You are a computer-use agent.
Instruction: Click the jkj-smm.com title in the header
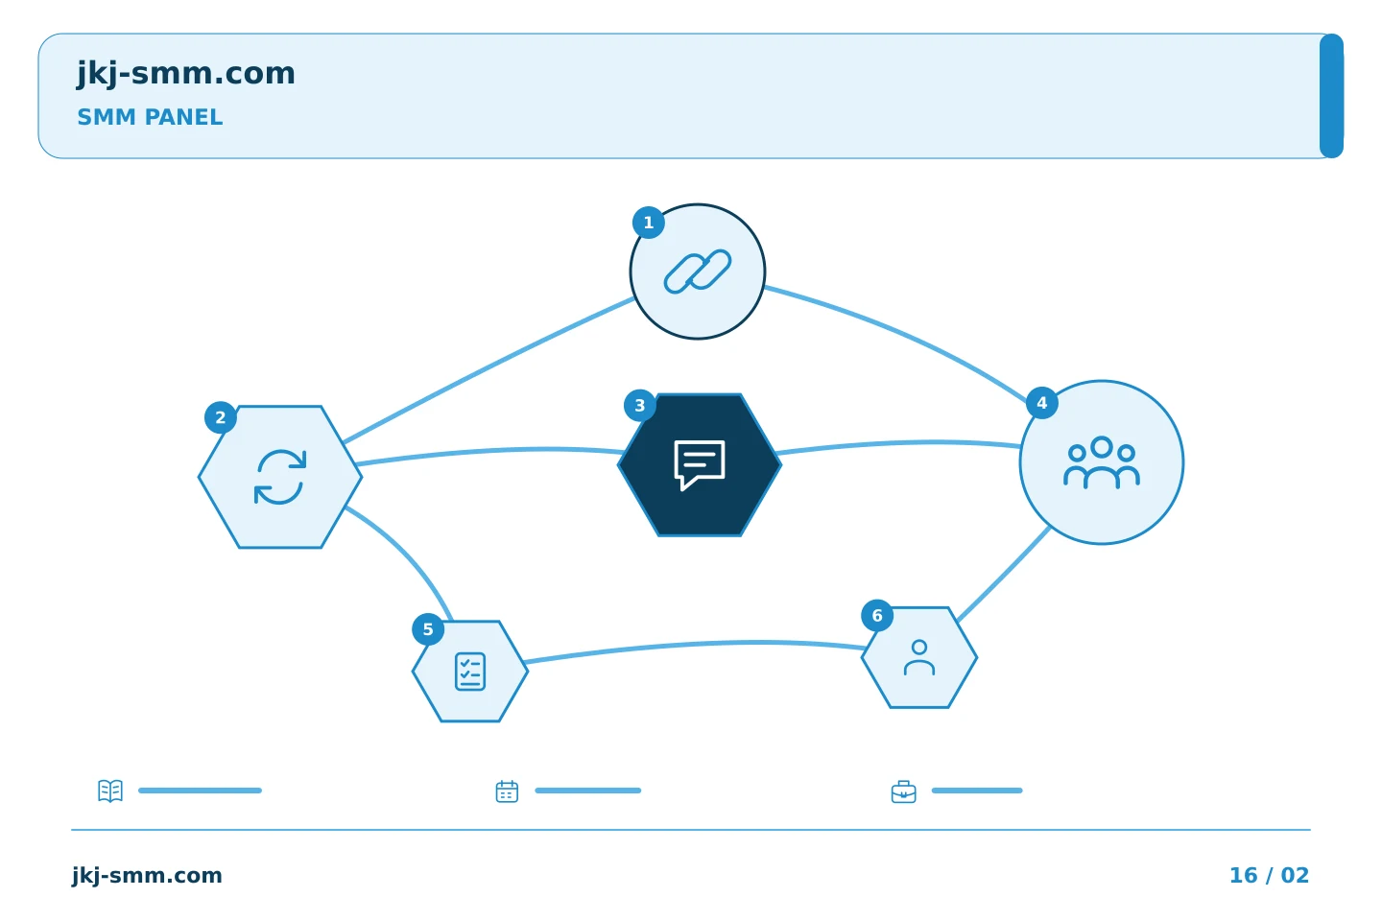pyautogui.click(x=186, y=74)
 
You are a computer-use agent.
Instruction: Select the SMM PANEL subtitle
pyautogui.click(x=150, y=117)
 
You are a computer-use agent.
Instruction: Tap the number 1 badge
pyautogui.click(x=649, y=223)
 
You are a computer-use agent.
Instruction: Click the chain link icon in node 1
pyautogui.click(x=698, y=272)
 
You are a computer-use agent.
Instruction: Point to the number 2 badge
pyautogui.click(x=221, y=417)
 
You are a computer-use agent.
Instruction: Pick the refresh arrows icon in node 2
pyautogui.click(x=280, y=477)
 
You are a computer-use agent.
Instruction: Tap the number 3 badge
pyautogui.click(x=640, y=405)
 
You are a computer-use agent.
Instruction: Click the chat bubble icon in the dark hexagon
pyautogui.click(x=700, y=465)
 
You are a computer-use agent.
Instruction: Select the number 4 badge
pyautogui.click(x=1042, y=403)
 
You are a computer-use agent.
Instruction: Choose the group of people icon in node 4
pyautogui.click(x=1102, y=462)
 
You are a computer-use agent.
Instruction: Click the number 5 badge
pyautogui.click(x=428, y=629)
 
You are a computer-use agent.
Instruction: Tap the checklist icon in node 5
pyautogui.click(x=470, y=672)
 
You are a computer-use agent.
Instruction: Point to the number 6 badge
pyautogui.click(x=877, y=615)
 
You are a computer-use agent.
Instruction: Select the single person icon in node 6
pyautogui.click(x=919, y=657)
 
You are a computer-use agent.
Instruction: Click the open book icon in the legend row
pyautogui.click(x=110, y=791)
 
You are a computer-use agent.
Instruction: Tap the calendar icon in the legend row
pyautogui.click(x=507, y=791)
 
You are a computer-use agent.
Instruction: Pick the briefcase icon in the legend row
pyautogui.click(x=904, y=792)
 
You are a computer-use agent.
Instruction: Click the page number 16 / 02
pyautogui.click(x=1269, y=875)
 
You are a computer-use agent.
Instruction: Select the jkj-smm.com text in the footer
pyautogui.click(x=147, y=876)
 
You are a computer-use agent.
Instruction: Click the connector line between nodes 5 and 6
pyautogui.click(x=695, y=645)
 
